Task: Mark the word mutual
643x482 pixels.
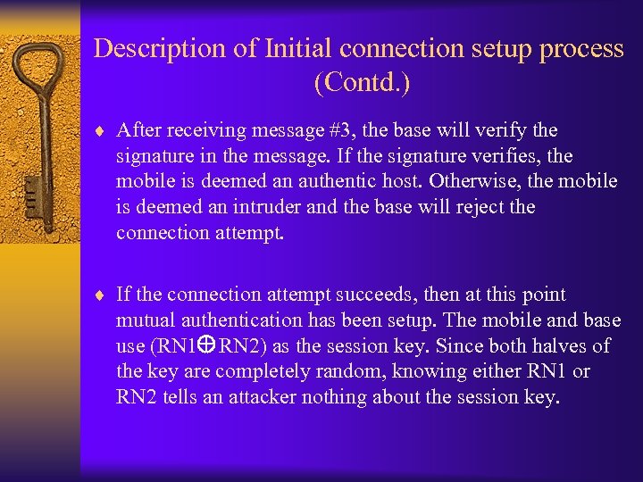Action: (144, 320)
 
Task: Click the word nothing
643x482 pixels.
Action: (333, 397)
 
